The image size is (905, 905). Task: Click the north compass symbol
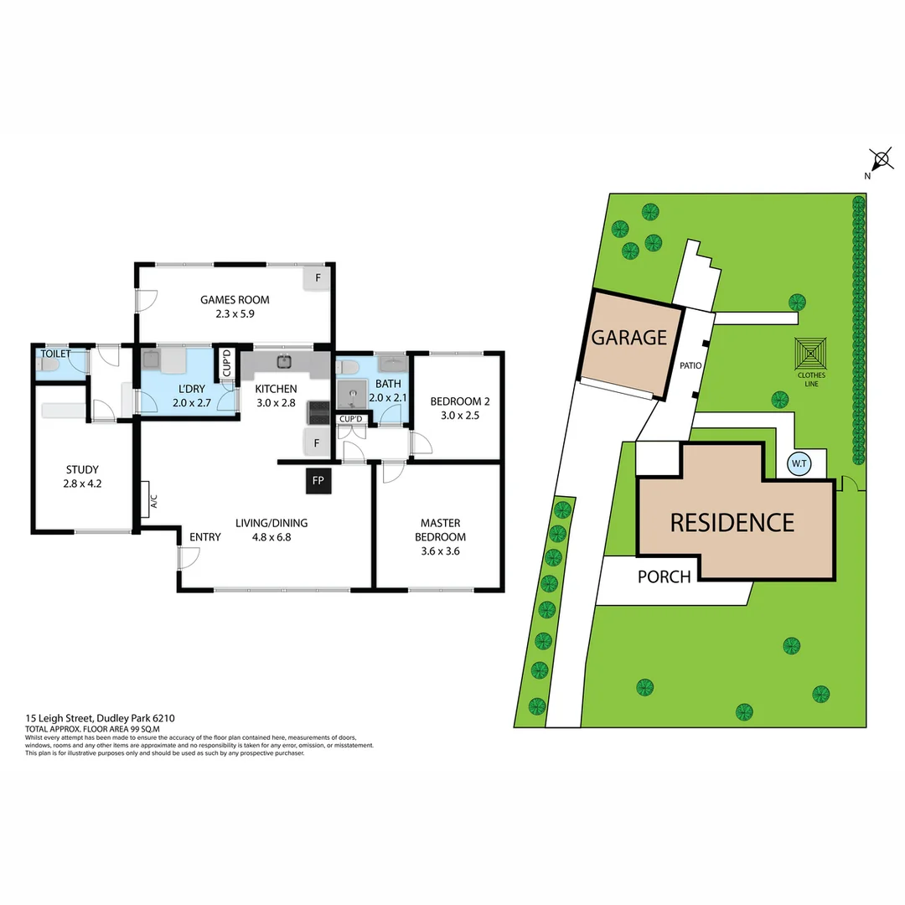tap(880, 160)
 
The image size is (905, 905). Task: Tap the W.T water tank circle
tap(798, 463)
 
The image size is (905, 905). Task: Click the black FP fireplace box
tap(318, 480)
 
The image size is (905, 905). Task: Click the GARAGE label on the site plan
tap(628, 338)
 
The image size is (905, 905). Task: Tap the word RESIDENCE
tap(732, 523)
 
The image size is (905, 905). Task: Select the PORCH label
tap(664, 577)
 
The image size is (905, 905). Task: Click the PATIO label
tap(691, 365)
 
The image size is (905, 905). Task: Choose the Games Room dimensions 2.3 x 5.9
tap(234, 315)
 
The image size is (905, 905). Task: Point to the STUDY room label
tap(82, 469)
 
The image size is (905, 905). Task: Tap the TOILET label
tap(55, 354)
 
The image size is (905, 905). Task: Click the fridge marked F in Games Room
tap(318, 277)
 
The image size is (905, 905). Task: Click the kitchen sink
tap(284, 361)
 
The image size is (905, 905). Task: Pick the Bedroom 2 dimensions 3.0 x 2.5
tap(454, 415)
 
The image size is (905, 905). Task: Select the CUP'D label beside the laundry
tap(226, 364)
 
